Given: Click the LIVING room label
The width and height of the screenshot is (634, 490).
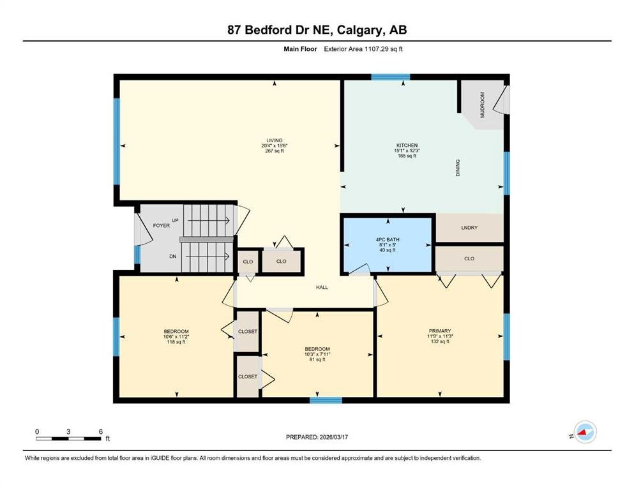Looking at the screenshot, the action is click(274, 140).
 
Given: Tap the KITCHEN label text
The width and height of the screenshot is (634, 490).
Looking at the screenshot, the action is click(407, 145).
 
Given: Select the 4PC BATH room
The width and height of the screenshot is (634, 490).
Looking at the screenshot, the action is click(388, 245).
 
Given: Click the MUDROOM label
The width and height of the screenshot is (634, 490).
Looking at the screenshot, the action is click(482, 105).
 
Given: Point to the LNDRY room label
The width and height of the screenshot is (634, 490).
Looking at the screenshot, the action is click(469, 228).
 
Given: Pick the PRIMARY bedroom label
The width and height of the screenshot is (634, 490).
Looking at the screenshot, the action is click(440, 331).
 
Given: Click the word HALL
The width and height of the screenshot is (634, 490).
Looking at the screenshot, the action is click(322, 287).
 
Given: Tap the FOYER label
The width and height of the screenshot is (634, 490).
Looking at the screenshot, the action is click(161, 225).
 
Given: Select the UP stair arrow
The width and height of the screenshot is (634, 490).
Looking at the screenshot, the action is click(209, 221).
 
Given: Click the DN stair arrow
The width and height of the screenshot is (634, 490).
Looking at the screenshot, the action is click(208, 256).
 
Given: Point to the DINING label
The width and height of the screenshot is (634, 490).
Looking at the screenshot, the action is click(458, 168).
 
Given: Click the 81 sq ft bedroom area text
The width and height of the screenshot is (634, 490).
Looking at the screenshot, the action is click(317, 359).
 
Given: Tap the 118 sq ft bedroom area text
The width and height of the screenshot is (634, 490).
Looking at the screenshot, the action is click(176, 342).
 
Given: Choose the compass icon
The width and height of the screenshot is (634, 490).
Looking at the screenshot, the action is click(585, 432).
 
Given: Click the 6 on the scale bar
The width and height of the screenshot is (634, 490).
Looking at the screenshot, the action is click(101, 431).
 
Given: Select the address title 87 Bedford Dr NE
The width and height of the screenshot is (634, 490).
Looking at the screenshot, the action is click(279, 30).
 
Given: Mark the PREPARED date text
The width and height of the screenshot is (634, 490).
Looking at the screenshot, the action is click(317, 437).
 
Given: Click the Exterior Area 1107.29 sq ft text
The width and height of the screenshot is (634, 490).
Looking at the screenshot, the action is click(363, 49).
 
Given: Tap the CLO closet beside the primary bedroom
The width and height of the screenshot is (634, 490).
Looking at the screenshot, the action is click(469, 258).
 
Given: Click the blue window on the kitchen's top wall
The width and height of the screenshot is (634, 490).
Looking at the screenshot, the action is click(391, 77).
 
